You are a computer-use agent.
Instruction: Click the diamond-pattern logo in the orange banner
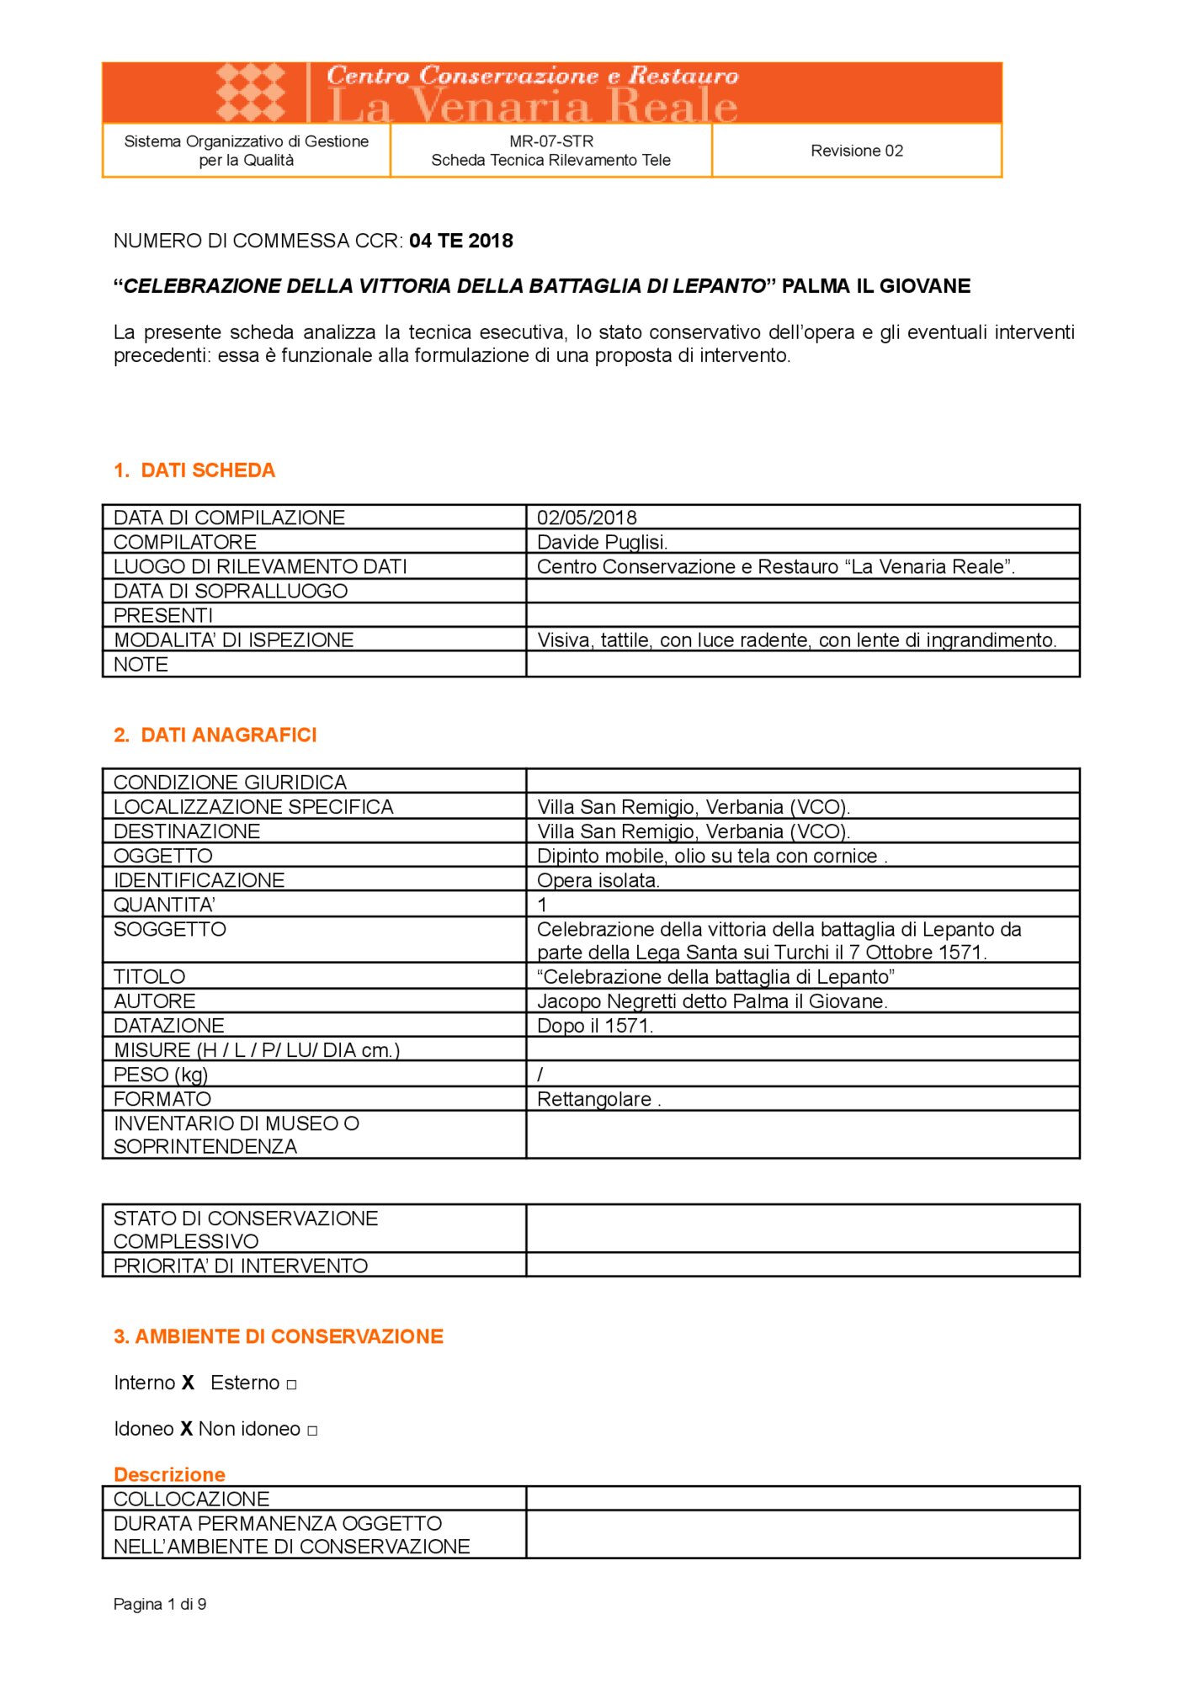(251, 92)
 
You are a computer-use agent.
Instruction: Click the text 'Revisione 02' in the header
(856, 151)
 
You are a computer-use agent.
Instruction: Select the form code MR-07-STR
(550, 141)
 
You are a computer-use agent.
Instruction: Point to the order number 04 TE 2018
(460, 241)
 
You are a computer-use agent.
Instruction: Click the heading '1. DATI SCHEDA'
(194, 470)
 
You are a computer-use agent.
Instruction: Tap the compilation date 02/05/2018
(587, 518)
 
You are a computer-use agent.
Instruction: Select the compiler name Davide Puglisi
(602, 542)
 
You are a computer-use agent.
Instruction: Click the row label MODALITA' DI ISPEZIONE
(233, 640)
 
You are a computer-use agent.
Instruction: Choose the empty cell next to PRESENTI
(802, 615)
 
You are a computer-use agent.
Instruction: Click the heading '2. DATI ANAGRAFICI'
(215, 735)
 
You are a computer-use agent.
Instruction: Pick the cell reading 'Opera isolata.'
(598, 880)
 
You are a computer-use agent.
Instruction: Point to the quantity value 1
(543, 905)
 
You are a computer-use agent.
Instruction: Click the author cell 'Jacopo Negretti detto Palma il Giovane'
(712, 1001)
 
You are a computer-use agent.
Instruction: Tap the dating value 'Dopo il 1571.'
(595, 1026)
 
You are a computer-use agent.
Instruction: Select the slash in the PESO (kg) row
(540, 1075)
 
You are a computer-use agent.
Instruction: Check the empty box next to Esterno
(291, 1384)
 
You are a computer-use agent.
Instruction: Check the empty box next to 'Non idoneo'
(312, 1431)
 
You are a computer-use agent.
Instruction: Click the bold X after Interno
(188, 1383)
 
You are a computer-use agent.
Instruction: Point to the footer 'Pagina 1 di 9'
(160, 1604)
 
